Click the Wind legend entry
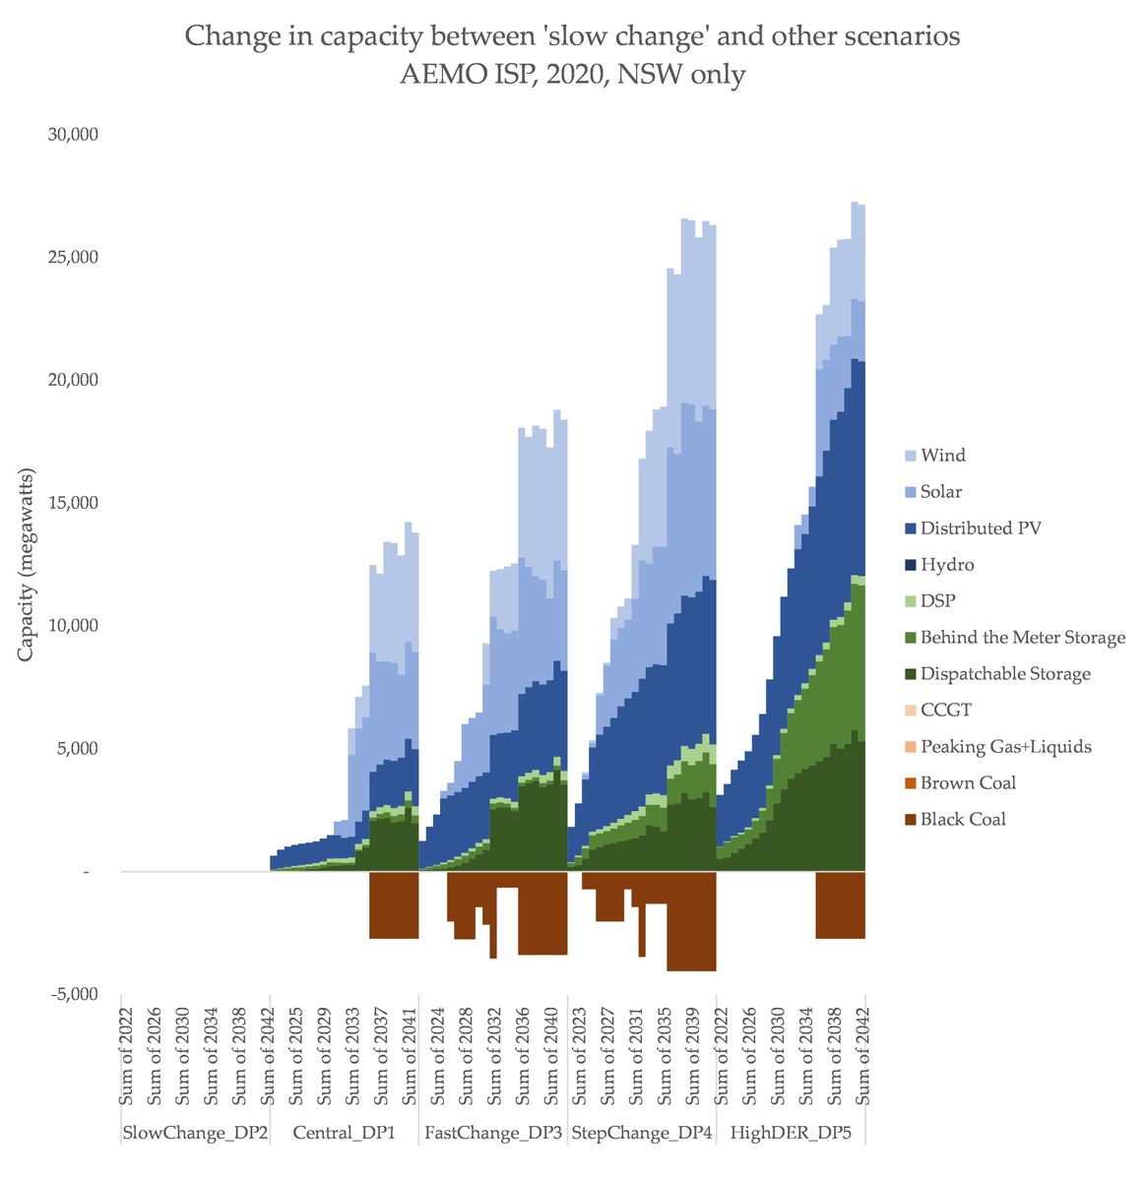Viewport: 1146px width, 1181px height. pyautogui.click(x=942, y=456)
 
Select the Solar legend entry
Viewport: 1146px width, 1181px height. pyautogui.click(x=940, y=492)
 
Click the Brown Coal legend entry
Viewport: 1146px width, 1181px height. pyautogui.click(x=967, y=783)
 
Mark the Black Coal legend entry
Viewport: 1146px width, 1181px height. pyautogui.click(x=963, y=820)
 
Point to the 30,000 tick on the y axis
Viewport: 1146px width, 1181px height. pyautogui.click(x=73, y=134)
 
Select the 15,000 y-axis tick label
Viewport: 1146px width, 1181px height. pyautogui.click(x=73, y=503)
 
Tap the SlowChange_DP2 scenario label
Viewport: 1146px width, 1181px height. pyautogui.click(x=195, y=1133)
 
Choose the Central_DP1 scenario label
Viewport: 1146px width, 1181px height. pyautogui.click(x=345, y=1133)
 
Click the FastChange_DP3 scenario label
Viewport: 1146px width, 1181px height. pyautogui.click(x=493, y=1133)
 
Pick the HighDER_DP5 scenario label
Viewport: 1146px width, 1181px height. pyautogui.click(x=791, y=1133)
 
